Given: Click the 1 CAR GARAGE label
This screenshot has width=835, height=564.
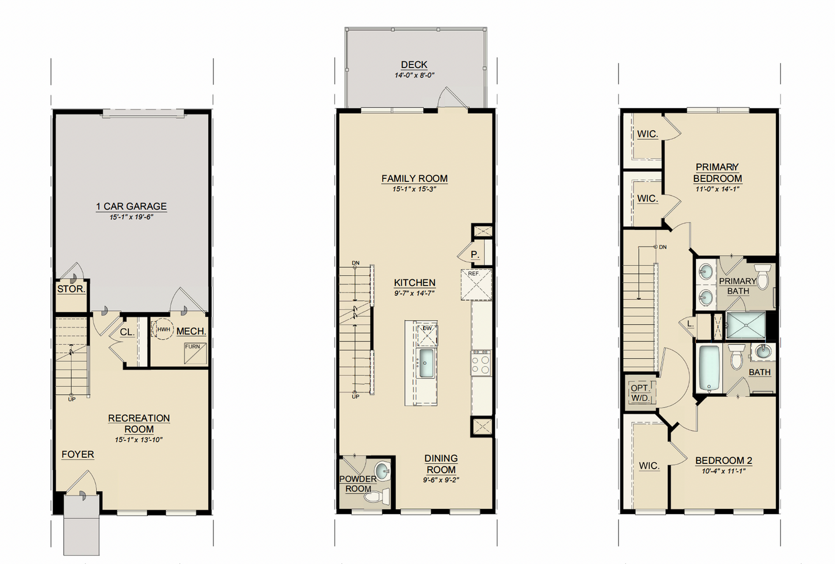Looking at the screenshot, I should coord(132,206).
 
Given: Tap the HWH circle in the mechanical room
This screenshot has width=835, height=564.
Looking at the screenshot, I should coord(163,329).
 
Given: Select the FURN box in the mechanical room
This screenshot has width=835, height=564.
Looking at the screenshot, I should coord(196,353).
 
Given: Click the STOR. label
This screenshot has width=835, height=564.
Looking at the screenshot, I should coord(71,289).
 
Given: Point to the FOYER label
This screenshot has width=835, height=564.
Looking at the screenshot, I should coord(78,454).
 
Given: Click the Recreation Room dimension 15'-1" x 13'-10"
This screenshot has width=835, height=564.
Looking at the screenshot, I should coord(139,440).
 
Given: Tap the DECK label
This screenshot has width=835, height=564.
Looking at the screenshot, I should coord(414,65).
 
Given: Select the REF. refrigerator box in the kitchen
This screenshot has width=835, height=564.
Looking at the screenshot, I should coord(477,285).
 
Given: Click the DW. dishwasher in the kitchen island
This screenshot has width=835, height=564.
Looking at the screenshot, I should coord(427,335).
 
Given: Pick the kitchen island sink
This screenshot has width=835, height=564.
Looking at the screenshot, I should coord(426,363).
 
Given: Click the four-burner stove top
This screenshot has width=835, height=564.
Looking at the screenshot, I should coord(481,363).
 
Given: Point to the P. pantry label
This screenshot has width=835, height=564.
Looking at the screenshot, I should coord(475,255).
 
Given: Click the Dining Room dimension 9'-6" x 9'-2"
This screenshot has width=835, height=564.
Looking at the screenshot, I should coord(441,480).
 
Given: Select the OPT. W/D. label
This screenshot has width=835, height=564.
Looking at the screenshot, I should coord(640,393).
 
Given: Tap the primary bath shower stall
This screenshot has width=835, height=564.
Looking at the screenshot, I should coord(746,325).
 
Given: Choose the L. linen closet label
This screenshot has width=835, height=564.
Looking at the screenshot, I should coord(690,324).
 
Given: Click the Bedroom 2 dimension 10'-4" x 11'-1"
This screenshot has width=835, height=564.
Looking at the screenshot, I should coord(723,471).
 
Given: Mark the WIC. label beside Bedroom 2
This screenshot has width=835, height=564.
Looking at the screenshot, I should coord(649,466).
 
